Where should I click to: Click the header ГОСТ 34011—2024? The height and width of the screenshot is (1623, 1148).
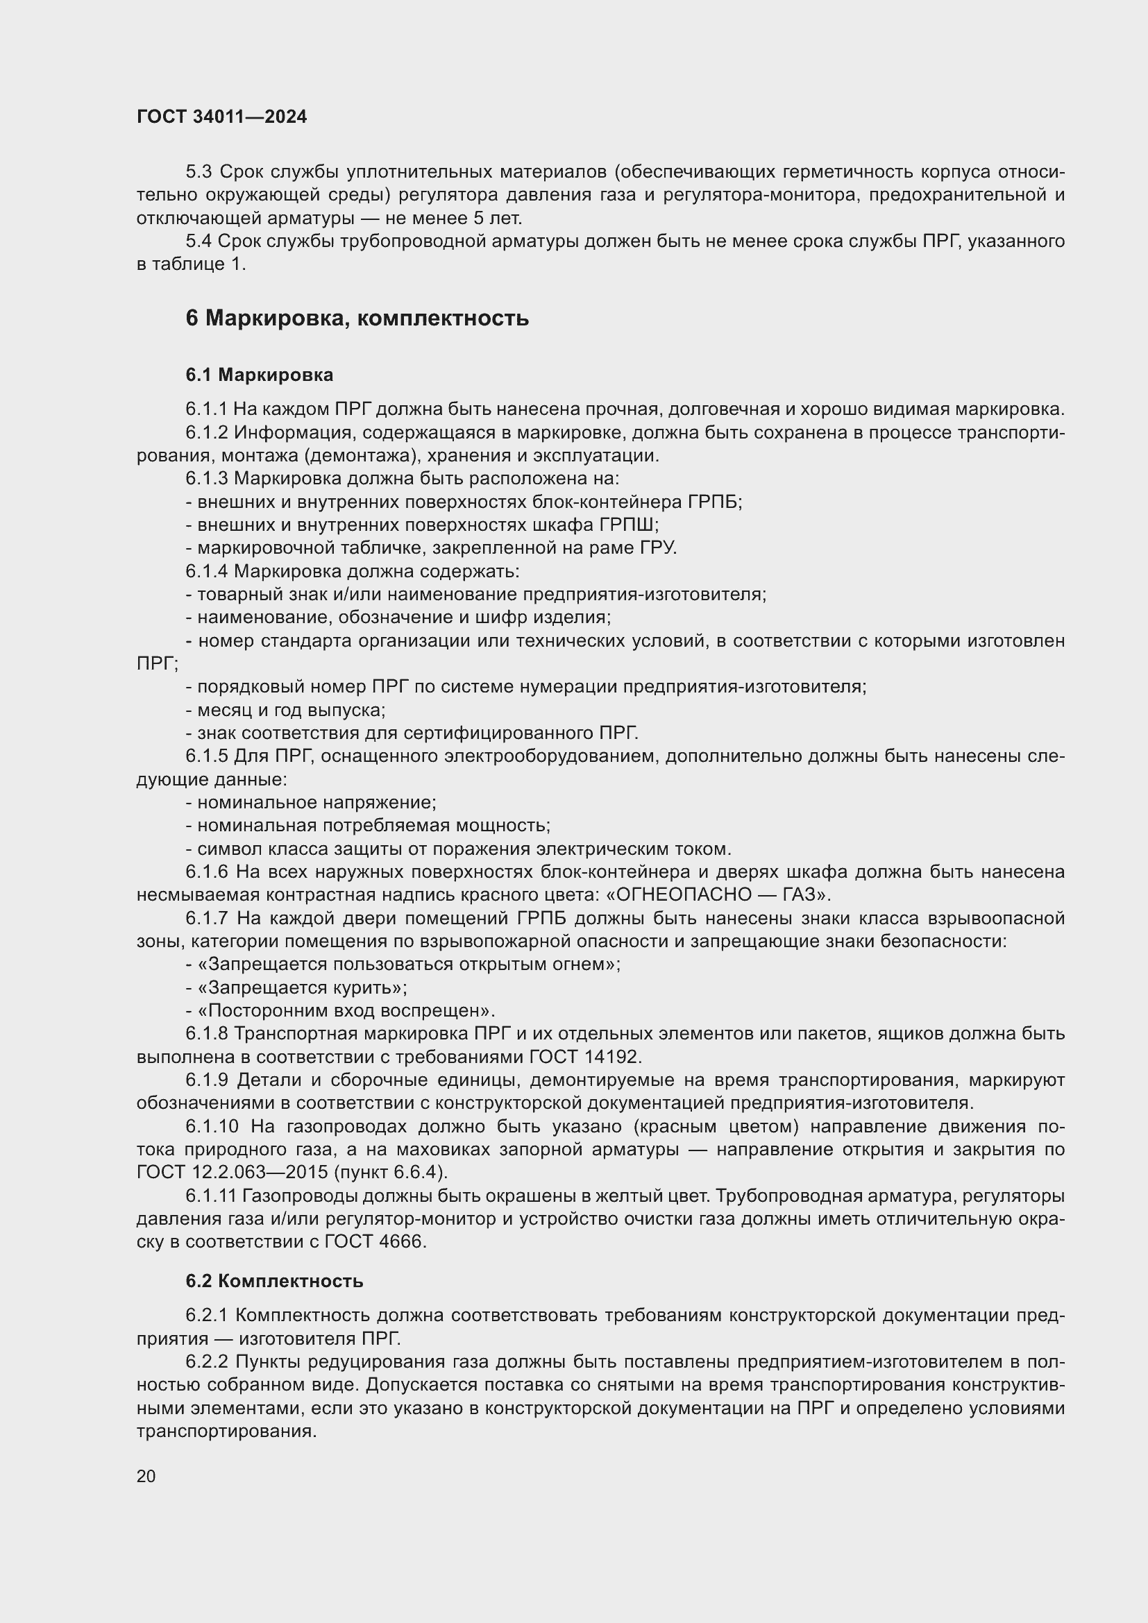[x=222, y=117]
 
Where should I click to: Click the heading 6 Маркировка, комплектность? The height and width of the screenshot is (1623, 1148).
[x=357, y=318]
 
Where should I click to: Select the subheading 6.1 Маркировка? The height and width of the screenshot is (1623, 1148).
[x=260, y=375]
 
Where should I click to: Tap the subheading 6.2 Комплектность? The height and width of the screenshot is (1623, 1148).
[x=274, y=1281]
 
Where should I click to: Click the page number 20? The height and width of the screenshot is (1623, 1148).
[x=146, y=1477]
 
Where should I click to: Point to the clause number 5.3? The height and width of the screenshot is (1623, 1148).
[x=199, y=172]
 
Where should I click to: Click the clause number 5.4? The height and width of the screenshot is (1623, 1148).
[x=199, y=241]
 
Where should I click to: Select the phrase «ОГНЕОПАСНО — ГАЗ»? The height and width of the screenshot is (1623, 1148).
[x=717, y=895]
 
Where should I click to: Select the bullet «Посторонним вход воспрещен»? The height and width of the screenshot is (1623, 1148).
[x=346, y=1011]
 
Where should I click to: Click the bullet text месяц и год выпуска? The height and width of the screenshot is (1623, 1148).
[x=292, y=711]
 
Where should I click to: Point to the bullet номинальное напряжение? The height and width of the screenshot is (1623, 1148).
[x=316, y=803]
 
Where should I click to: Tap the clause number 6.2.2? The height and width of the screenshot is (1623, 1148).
[x=206, y=1362]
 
